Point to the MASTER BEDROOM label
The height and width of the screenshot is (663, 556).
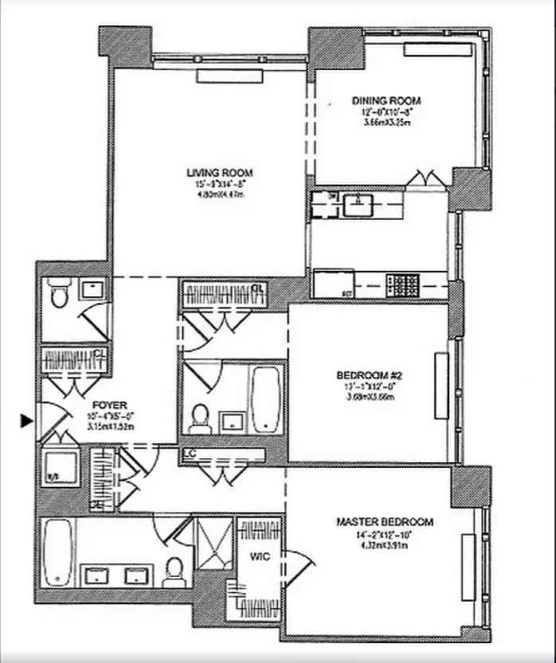[x=385, y=522]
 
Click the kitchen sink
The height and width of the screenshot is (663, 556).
[x=360, y=205]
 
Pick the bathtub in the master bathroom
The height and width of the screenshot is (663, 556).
[x=57, y=551]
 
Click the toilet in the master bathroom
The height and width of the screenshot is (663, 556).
[x=174, y=570]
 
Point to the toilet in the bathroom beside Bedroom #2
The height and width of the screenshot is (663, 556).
[x=200, y=417]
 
